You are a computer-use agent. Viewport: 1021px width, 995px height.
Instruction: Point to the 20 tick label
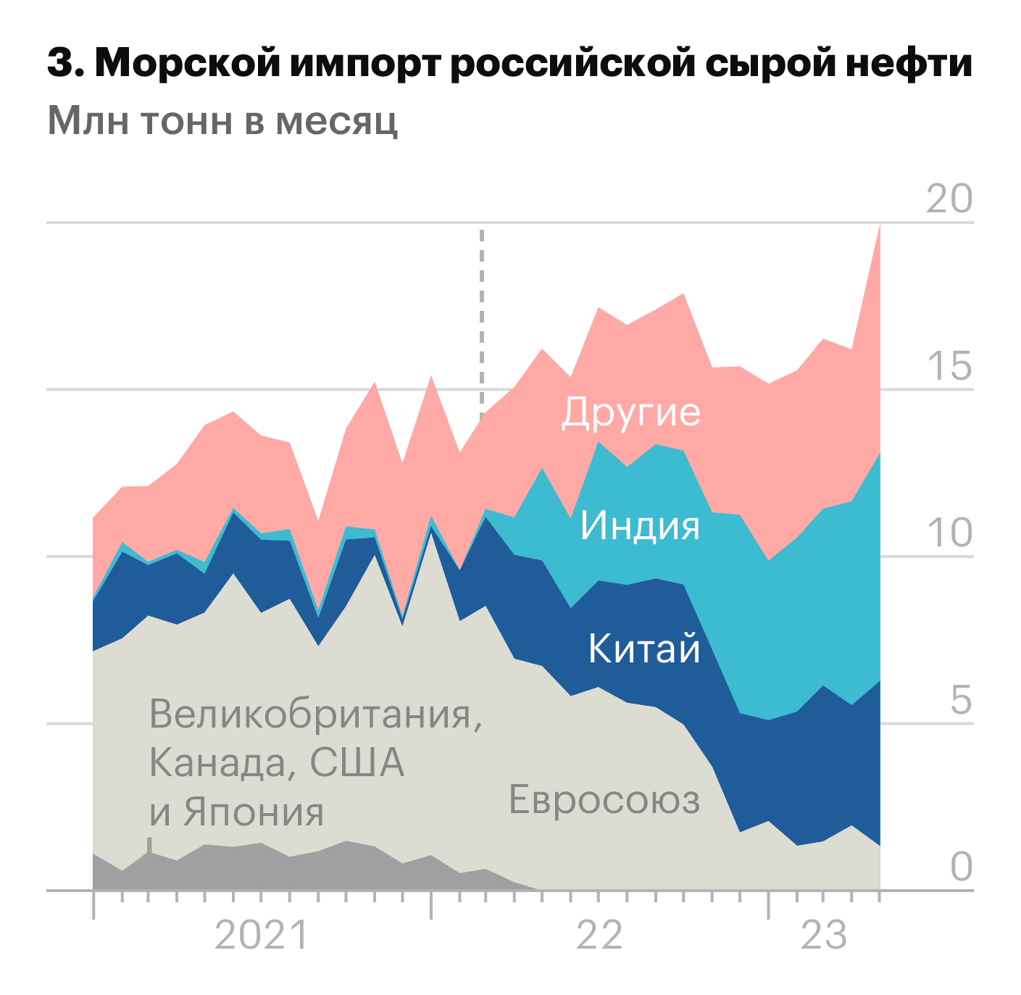coord(949,199)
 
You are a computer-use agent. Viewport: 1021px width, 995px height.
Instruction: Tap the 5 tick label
coord(961,699)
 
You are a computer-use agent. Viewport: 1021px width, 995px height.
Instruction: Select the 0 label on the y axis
coord(961,866)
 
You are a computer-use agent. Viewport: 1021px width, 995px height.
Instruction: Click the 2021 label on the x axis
coord(262,936)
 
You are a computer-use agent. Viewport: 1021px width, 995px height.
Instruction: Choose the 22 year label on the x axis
coord(599,936)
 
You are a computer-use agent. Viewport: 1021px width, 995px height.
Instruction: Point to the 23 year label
coord(824,936)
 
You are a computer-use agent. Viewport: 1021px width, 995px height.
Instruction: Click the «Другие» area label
coord(631,412)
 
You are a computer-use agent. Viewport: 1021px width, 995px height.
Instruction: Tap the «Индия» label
coord(641,525)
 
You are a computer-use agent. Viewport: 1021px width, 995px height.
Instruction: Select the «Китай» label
coord(644,648)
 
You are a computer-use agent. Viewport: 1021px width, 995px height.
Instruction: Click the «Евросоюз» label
coord(604,800)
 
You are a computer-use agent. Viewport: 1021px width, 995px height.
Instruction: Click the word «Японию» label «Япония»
coord(254,812)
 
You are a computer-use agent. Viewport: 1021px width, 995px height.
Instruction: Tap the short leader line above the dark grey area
coord(149,845)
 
